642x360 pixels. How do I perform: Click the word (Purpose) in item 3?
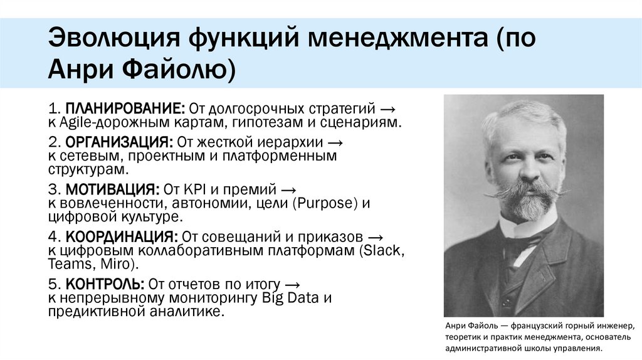pyautogui.click(x=329, y=204)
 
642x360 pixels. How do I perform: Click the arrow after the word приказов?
pyautogui.click(x=375, y=237)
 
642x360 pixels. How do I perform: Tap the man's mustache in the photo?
pyautogui.click(x=526, y=189)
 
